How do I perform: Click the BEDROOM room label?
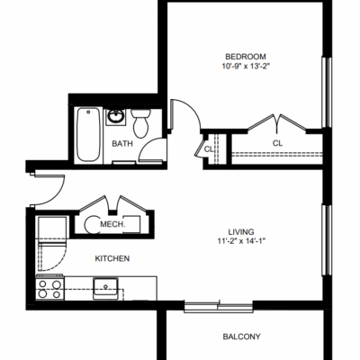(x=246, y=57)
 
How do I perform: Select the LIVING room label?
(x=241, y=232)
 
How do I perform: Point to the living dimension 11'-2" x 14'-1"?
(x=242, y=241)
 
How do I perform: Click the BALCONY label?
(x=241, y=337)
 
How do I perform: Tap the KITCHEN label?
(x=112, y=258)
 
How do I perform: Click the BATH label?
(x=122, y=144)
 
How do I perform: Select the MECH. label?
(x=112, y=224)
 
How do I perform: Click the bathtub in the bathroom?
(x=88, y=134)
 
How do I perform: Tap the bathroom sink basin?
(x=116, y=116)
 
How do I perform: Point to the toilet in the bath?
(x=140, y=123)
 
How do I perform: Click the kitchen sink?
(x=105, y=288)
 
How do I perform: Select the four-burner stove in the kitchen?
(x=49, y=288)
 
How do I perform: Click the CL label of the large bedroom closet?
(x=277, y=143)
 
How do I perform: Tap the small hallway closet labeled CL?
(x=209, y=149)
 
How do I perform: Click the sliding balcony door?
(x=219, y=307)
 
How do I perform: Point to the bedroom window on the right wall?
(x=327, y=92)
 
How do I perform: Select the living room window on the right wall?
(x=327, y=240)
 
